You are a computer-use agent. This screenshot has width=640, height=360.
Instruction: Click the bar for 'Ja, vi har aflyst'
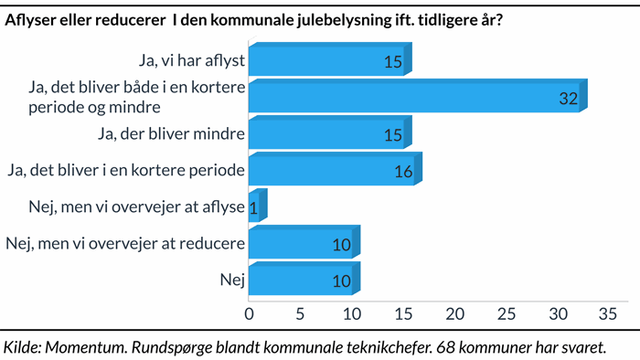pyautogui.click(x=326, y=61)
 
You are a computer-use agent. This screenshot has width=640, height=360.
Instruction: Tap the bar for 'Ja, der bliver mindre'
pyautogui.click(x=326, y=135)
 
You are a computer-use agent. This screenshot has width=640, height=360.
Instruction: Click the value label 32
pyautogui.click(x=569, y=100)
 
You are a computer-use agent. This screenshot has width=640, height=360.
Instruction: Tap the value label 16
pyautogui.click(x=403, y=172)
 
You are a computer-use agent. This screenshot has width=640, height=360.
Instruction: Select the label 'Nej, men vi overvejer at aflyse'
pyautogui.click(x=125, y=207)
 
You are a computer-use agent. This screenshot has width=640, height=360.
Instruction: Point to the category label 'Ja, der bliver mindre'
pyautogui.click(x=170, y=135)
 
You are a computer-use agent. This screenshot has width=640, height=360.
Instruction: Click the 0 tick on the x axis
pyautogui.click(x=250, y=313)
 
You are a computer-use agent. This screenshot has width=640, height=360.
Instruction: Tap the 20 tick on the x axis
pyautogui.click(x=454, y=313)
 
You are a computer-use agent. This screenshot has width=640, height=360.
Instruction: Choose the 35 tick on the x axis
pyautogui.click(x=608, y=313)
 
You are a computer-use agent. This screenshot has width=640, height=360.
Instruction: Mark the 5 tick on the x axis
pyautogui.click(x=301, y=313)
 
